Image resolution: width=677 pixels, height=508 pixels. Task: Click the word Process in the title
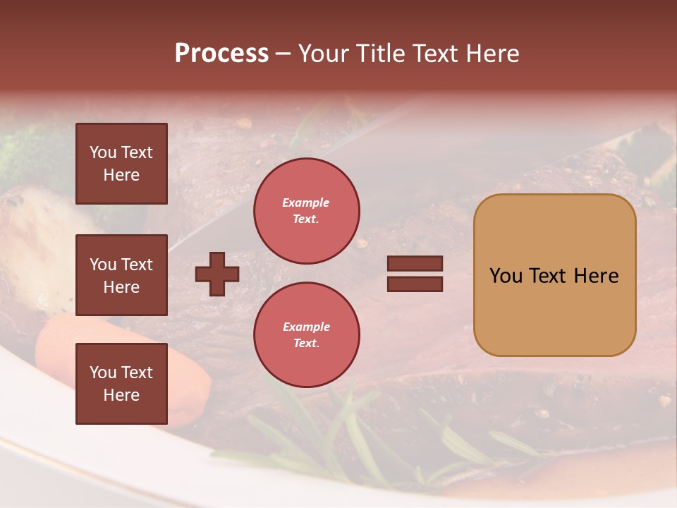(x=221, y=54)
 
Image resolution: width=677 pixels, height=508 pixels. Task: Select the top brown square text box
(x=121, y=164)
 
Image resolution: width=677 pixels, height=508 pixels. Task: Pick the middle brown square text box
(x=121, y=275)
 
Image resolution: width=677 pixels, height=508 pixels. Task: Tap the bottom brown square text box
(x=121, y=384)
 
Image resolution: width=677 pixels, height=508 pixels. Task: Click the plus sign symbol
(x=217, y=274)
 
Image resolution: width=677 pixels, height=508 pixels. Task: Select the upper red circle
(x=306, y=211)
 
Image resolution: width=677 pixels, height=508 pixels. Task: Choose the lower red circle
(x=306, y=335)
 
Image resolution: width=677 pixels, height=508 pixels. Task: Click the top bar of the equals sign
(x=415, y=264)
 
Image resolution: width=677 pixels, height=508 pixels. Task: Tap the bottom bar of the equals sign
(x=415, y=284)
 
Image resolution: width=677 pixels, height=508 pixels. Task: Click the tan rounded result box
(x=554, y=275)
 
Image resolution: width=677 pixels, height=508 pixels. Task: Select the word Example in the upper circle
(x=305, y=202)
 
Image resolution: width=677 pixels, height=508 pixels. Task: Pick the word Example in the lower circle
(x=306, y=327)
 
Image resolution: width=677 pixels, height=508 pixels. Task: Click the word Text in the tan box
(x=554, y=276)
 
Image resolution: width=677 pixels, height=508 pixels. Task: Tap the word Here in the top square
(x=121, y=175)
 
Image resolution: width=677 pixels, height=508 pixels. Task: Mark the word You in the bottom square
(x=103, y=373)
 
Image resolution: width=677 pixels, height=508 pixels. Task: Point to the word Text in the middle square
(x=136, y=265)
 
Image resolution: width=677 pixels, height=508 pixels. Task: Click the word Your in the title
(x=324, y=54)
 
